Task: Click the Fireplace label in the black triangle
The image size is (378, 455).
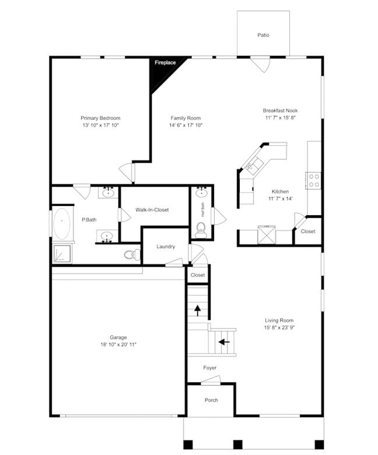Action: click(x=165, y=62)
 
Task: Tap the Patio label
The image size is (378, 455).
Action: click(x=264, y=35)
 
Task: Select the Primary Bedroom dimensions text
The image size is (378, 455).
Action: click(x=100, y=125)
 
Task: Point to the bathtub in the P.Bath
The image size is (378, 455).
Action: click(x=61, y=223)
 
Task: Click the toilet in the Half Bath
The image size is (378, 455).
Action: click(x=201, y=228)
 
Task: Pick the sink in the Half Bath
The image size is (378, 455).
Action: click(x=202, y=192)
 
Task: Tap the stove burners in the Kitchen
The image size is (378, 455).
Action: click(x=314, y=180)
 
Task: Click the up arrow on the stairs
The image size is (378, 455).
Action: click(x=198, y=310)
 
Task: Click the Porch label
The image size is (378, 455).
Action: click(x=211, y=400)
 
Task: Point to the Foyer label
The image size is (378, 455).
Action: click(x=210, y=368)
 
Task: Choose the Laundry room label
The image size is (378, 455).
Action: click(x=166, y=247)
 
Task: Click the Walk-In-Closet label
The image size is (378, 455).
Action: click(x=152, y=210)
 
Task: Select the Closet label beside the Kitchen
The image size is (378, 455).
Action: click(x=308, y=232)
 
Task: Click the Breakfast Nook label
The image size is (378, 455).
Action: click(x=280, y=110)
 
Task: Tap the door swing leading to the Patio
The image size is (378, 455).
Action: click(x=261, y=64)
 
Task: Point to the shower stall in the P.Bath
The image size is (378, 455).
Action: click(x=62, y=253)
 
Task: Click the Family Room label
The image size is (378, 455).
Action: click(x=185, y=118)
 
